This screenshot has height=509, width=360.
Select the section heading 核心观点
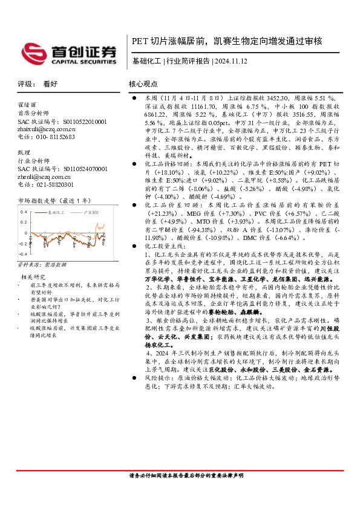143,85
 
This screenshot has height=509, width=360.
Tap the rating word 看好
50,85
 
